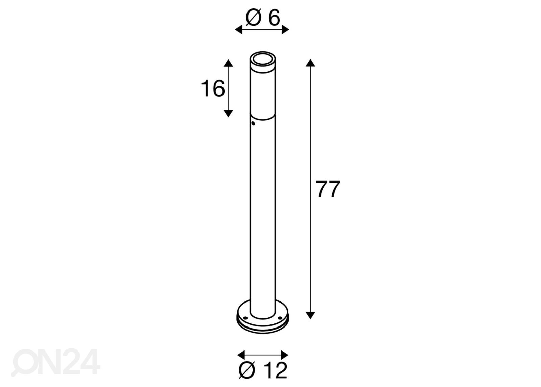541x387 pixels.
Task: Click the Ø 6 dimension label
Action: (263, 17)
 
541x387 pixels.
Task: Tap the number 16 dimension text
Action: (213, 89)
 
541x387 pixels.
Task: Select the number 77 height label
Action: (328, 189)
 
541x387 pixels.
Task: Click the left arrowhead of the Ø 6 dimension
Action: (238, 30)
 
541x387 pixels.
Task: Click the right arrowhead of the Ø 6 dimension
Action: (285, 30)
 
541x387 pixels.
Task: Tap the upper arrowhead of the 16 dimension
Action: (228, 63)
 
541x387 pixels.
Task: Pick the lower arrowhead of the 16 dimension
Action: (228, 113)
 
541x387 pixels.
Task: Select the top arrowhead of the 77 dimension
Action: (310, 63)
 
